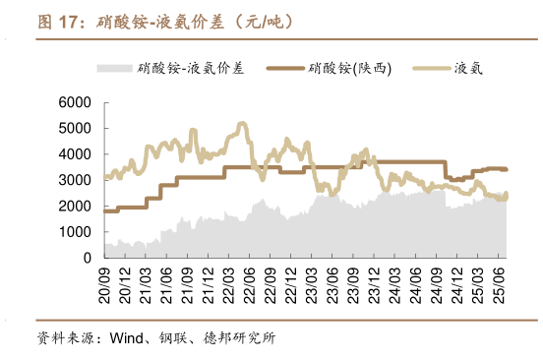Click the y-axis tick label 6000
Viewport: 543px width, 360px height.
coord(75,102)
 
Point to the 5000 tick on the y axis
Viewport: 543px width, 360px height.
coord(75,128)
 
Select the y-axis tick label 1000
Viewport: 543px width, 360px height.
coord(75,231)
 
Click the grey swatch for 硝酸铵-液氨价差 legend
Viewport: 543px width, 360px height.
coord(116,68)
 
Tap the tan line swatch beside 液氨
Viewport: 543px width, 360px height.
coord(430,68)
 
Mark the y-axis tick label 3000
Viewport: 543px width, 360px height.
coord(75,180)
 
